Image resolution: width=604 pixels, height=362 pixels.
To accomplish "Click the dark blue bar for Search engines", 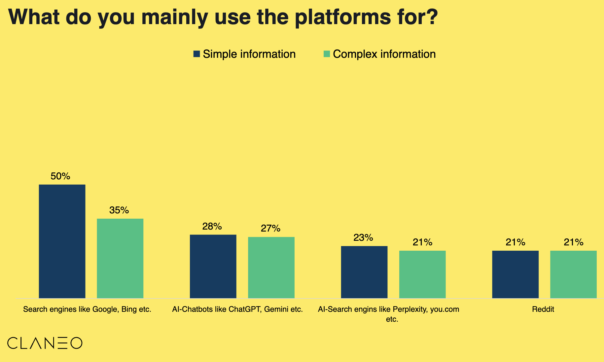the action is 62,241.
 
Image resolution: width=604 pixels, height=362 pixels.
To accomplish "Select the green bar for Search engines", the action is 120,258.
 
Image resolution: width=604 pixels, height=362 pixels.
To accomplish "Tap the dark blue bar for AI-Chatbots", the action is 213,267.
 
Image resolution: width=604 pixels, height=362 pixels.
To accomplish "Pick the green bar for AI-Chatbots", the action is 271,268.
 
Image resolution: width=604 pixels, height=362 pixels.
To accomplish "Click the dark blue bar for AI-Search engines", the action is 364,272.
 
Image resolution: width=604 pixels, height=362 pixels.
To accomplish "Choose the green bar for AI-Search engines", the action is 422,274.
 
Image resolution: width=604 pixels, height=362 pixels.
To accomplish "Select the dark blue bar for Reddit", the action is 515,274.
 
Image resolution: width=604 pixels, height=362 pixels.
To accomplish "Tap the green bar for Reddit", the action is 574,274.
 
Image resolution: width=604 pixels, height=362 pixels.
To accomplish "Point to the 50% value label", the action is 60,176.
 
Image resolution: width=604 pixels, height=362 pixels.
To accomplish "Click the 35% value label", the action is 119,210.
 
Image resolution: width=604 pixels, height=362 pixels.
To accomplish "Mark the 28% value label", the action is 212,227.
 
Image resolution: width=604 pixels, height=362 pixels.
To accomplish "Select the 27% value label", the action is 270,229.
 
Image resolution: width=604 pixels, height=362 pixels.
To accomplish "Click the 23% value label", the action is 363,238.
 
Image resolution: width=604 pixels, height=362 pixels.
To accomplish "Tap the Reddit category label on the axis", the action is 543,309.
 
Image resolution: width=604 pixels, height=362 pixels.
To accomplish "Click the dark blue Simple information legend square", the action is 197,54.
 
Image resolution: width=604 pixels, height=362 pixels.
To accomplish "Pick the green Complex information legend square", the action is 327,54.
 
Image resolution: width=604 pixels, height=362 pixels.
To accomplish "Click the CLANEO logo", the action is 45,343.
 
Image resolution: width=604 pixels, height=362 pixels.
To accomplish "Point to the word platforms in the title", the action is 343,17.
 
